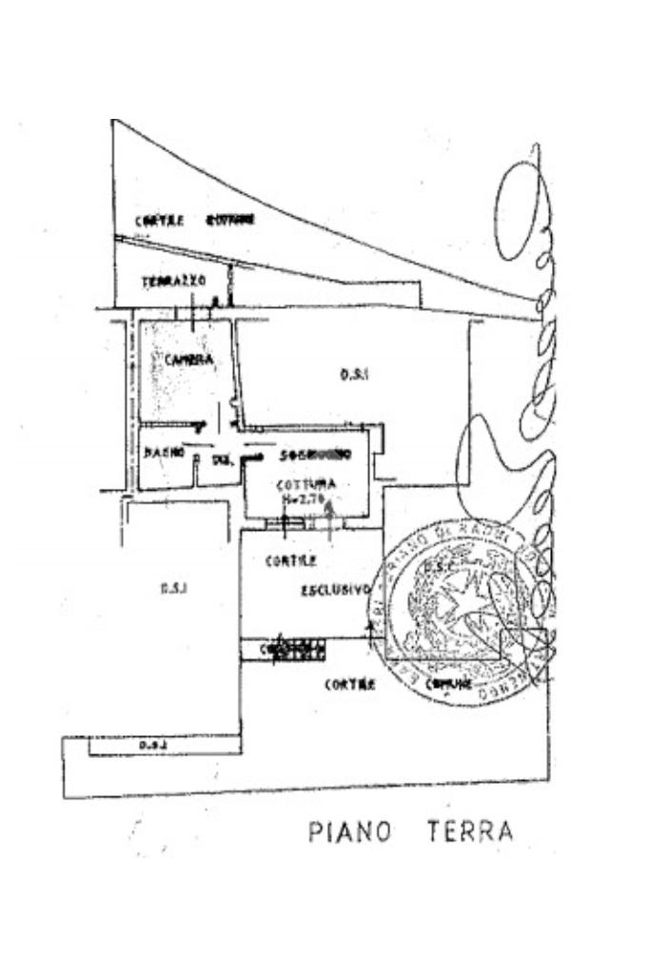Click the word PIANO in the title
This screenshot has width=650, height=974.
(350, 831)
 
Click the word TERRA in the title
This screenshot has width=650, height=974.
(469, 830)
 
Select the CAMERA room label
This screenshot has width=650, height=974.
(187, 360)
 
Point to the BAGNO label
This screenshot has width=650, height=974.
(163, 453)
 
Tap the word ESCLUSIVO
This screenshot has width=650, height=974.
(334, 590)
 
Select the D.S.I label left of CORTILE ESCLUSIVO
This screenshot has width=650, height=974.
(173, 588)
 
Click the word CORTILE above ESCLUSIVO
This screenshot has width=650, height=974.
(285, 562)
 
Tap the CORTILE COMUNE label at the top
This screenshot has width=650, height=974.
(194, 220)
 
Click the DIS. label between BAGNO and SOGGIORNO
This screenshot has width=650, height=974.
(223, 460)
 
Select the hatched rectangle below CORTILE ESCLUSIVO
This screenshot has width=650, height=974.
(284, 649)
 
